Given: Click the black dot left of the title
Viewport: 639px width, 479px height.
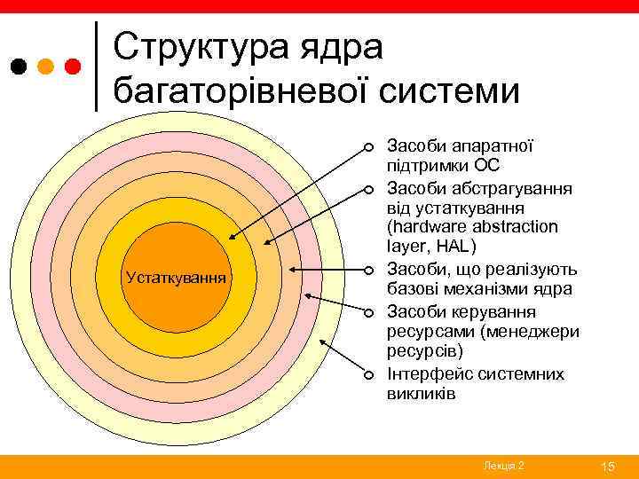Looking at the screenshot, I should pos(19,67).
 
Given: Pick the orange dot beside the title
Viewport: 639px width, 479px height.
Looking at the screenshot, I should pos(46,67).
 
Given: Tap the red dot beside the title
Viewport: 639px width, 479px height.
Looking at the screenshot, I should pos(74,67).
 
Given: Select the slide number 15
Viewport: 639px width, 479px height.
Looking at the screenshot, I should pos(608,467).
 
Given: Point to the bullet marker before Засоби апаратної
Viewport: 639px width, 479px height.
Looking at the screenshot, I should pos(366,146).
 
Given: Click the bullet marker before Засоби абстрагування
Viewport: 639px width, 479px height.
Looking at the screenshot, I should pos(366,188).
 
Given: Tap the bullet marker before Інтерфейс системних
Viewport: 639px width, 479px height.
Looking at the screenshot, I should pos(366,374).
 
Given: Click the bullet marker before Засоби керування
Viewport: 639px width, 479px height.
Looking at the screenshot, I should pos(366,312).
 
